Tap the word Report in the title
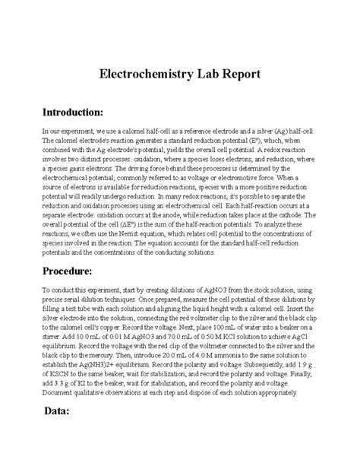point(238,74)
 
